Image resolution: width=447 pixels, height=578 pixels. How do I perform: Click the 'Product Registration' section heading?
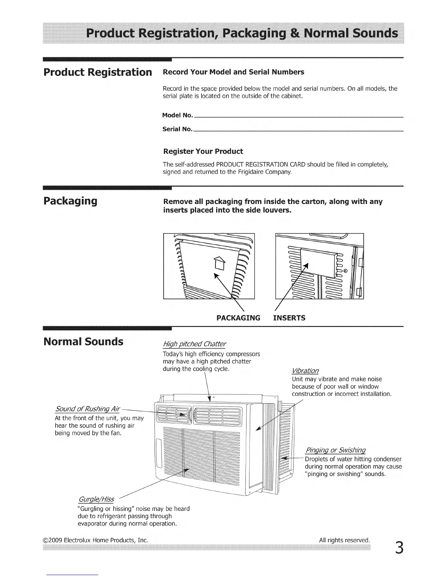(x=98, y=72)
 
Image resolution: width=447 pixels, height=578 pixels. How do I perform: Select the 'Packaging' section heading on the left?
(x=70, y=201)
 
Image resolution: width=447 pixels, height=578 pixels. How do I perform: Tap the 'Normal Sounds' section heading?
(x=83, y=342)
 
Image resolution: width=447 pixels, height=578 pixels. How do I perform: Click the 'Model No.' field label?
(x=177, y=115)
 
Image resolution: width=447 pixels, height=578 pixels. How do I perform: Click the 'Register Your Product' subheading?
(x=203, y=151)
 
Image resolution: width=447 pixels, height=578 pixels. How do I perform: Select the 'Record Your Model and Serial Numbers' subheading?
(x=233, y=72)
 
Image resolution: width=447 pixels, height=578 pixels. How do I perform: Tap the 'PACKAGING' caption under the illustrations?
(x=238, y=318)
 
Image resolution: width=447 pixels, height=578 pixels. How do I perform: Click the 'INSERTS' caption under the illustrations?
(x=289, y=318)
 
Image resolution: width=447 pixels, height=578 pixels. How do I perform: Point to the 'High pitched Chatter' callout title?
(x=194, y=344)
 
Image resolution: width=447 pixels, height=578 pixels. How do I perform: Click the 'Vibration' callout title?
(x=305, y=371)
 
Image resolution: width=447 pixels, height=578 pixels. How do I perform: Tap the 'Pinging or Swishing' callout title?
(x=335, y=450)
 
